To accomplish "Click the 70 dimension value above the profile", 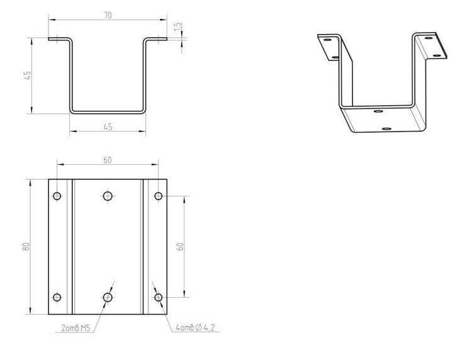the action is coord(108,15).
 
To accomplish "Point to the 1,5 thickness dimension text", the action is coord(178,26).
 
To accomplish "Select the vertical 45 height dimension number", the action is coord(28,76).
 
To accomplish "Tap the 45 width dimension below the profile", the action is coord(108,127).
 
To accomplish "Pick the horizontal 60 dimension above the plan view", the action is coord(108,160).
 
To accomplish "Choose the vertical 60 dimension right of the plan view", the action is coord(180,247).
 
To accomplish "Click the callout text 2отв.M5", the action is coord(76,328).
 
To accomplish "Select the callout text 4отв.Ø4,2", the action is coord(195,327).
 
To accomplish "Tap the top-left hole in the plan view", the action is coord(57,196).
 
